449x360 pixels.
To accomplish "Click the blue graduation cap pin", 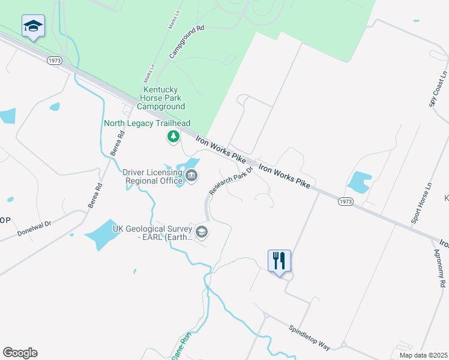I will coord(33,26).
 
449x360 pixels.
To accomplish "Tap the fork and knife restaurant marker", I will coord(279,261).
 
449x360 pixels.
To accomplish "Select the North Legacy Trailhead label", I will coord(147,124).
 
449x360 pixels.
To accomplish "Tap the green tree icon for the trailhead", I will coord(173,137).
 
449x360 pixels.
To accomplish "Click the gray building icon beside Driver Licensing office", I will coord(191,176).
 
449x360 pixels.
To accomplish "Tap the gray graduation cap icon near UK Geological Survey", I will coord(202,232).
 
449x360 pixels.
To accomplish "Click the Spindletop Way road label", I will coord(309,338).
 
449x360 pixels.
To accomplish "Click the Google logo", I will coord(20,353).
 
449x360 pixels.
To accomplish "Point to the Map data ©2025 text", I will coord(423,355).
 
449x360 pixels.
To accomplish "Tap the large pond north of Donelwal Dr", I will coord(100,234).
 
